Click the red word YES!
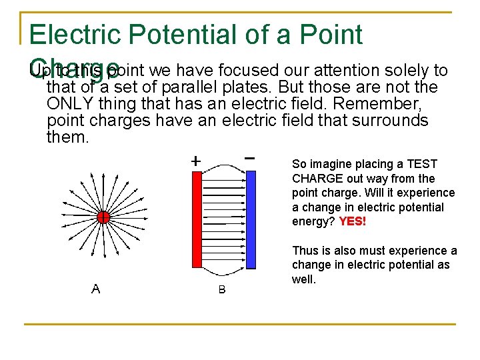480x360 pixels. pos(353,221)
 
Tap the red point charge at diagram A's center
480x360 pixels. pos(103,217)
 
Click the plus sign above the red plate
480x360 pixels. pos(195,161)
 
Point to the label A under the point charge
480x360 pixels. pos(96,289)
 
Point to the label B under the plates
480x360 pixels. pos(222,290)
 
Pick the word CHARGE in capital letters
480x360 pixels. pos(314,179)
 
